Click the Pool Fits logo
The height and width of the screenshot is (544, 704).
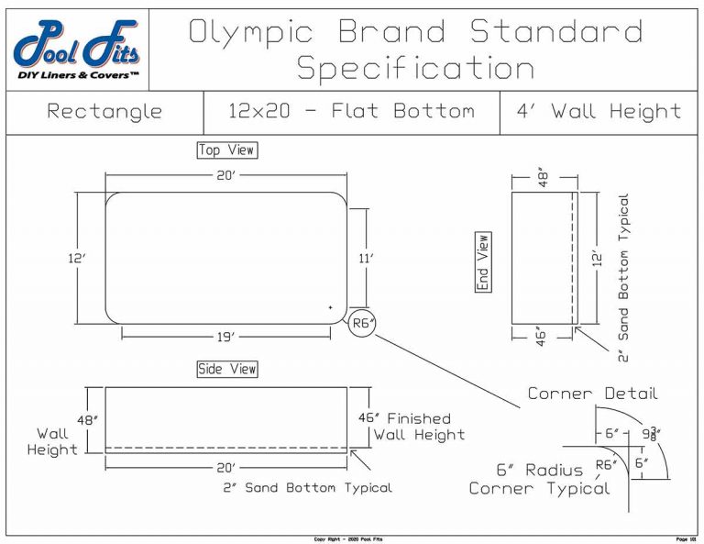[x=77, y=50]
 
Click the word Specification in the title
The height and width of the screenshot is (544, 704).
[x=416, y=68]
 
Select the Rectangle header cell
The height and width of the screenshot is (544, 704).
[x=104, y=112]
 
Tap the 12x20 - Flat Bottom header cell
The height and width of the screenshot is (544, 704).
[x=351, y=112]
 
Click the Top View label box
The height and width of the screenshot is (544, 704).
[x=226, y=150]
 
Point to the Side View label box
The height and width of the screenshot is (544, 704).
[x=227, y=369]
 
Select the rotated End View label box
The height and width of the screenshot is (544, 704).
[x=483, y=262]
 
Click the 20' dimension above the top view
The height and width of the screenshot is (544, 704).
[x=225, y=174]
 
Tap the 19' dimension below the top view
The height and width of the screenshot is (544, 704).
[x=225, y=337]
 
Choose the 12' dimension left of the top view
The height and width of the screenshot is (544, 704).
[x=76, y=259]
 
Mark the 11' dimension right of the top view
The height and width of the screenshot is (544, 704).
[x=367, y=259]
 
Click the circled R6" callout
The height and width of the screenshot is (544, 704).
[x=363, y=323]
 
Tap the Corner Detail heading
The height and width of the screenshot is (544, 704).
[x=592, y=394]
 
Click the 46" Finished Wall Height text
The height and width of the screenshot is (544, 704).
[x=412, y=426]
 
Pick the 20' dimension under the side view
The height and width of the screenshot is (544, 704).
[x=225, y=467]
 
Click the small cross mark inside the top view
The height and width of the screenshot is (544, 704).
[x=330, y=307]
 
